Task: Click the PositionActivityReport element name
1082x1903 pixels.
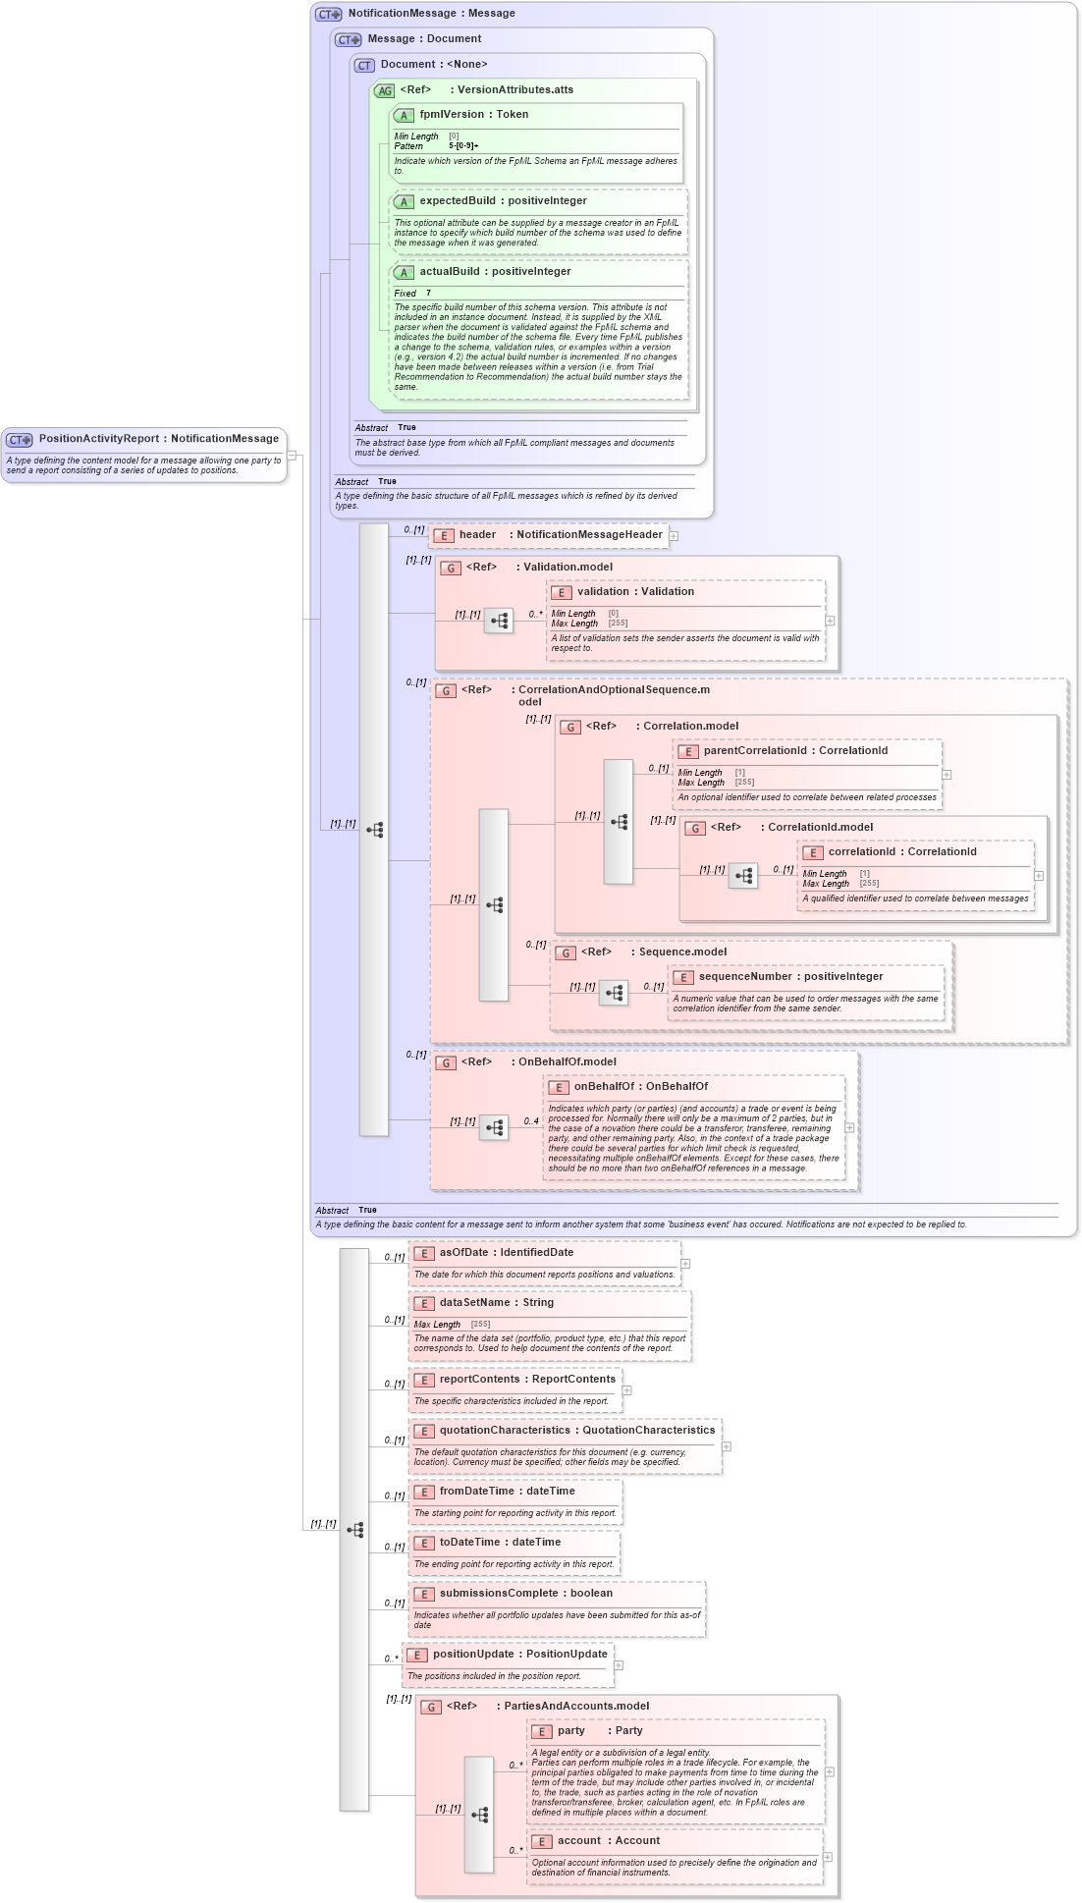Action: pos(98,439)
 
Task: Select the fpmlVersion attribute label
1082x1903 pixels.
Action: pos(452,115)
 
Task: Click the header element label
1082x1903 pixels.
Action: pos(477,535)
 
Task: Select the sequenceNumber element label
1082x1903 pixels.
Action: pos(745,977)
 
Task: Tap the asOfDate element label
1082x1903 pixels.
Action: pos(463,1253)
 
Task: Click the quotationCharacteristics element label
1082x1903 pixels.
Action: pos(504,1431)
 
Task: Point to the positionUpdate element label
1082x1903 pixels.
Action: pos(472,1655)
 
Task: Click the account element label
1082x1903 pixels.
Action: pos(579,1841)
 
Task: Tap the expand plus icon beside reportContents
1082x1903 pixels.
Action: pos(626,1390)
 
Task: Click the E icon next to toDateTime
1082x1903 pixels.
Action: pos(424,1544)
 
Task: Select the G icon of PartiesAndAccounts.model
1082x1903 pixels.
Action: pos(431,1708)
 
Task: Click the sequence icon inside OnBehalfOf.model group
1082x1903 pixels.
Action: pos(494,1128)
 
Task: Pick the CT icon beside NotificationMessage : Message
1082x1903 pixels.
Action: pos(329,14)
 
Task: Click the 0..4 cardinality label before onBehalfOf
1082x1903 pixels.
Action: pos(531,1121)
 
